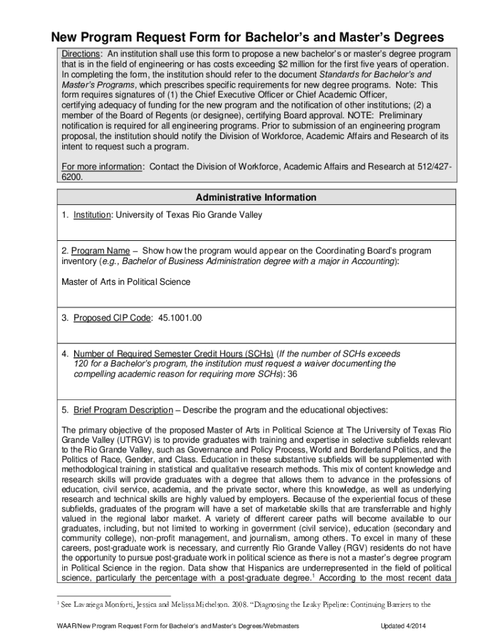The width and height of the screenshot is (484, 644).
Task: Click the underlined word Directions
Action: [x=80, y=53]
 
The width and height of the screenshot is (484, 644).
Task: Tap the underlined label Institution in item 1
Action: [x=92, y=215]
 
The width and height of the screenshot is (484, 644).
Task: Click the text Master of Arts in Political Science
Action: [x=125, y=282]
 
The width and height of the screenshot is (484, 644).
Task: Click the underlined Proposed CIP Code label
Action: [x=112, y=318]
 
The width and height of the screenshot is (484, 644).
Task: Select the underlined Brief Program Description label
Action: [x=123, y=410]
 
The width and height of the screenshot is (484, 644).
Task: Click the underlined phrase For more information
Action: [x=101, y=166]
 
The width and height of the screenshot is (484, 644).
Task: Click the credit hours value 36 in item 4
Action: [x=292, y=374]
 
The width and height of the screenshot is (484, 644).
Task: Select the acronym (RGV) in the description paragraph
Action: [x=353, y=547]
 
